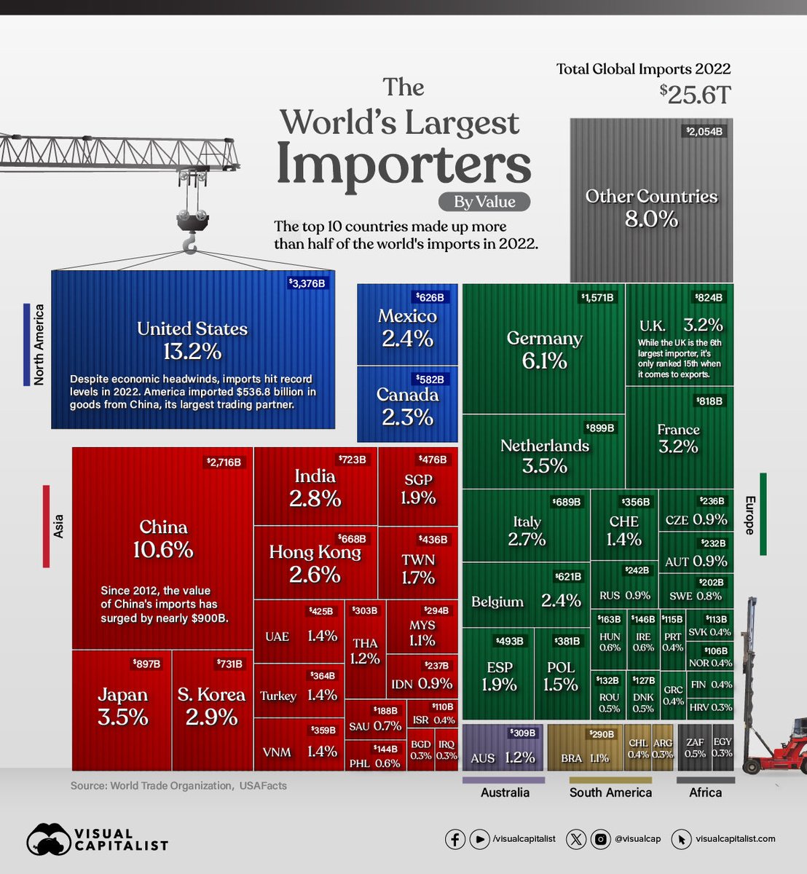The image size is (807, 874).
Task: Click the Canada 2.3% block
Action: click(x=407, y=406)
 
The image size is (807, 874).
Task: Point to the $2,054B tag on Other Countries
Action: click(x=705, y=132)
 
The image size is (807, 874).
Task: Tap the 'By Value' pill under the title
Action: click(x=484, y=202)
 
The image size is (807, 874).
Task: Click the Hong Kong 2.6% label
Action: click(x=315, y=562)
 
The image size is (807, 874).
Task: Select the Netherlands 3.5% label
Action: click(x=544, y=455)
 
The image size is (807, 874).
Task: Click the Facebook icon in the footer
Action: click(x=455, y=839)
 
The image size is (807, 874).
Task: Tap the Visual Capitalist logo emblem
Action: click(x=48, y=839)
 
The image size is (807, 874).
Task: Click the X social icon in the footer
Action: click(x=575, y=839)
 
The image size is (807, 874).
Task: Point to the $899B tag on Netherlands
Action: click(x=600, y=428)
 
